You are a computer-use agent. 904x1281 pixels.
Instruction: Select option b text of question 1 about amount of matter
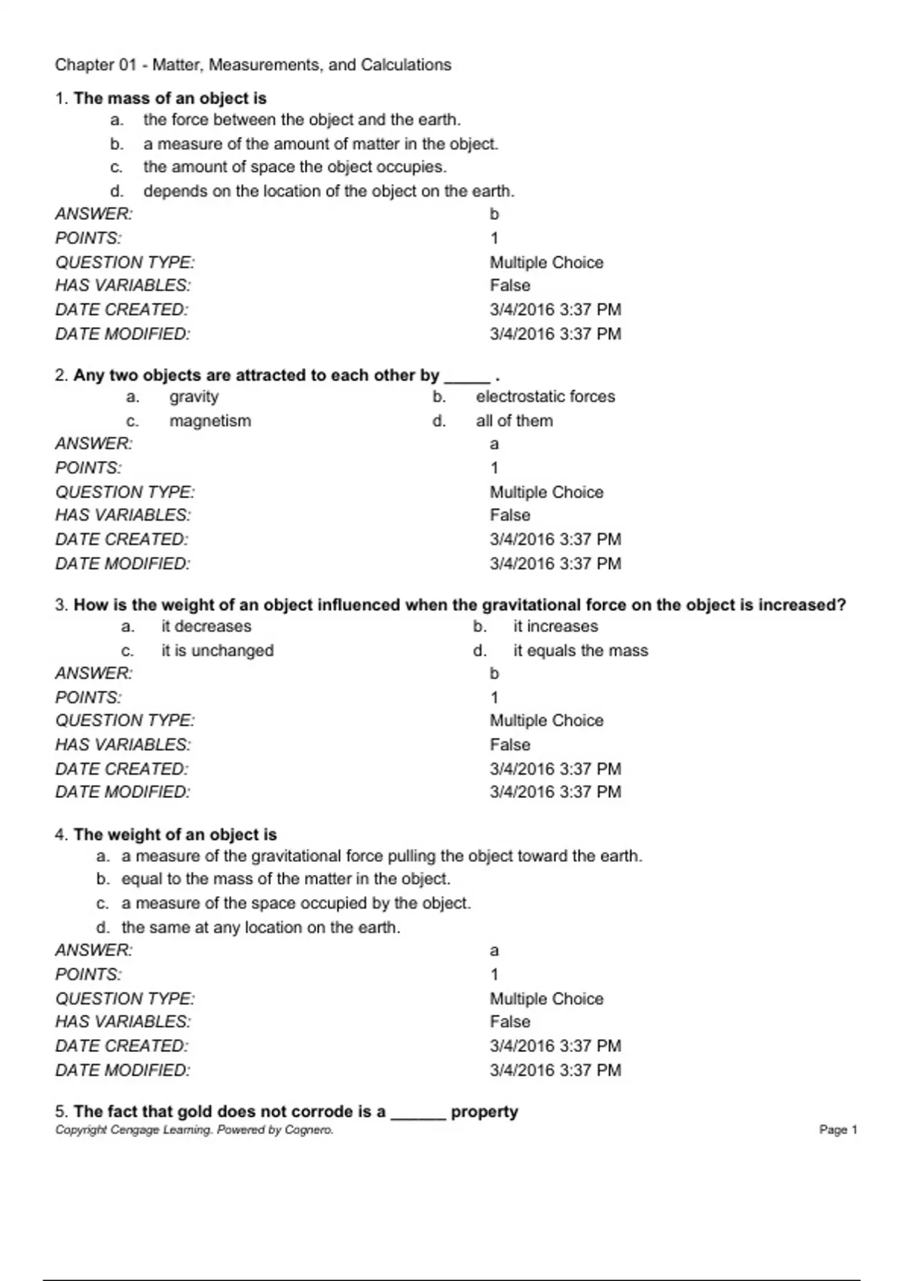click(x=321, y=144)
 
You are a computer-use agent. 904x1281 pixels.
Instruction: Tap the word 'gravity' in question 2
click(x=194, y=396)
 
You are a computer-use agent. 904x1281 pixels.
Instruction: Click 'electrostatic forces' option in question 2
click(x=545, y=396)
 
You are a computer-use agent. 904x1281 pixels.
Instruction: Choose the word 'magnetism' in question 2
click(x=209, y=420)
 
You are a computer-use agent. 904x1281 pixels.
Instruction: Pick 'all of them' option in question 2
click(x=514, y=420)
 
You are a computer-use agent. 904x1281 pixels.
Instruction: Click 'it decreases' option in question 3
click(x=206, y=626)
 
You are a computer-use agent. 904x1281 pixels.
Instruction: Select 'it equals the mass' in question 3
click(x=580, y=650)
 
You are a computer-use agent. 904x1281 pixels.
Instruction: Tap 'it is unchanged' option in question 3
click(x=217, y=650)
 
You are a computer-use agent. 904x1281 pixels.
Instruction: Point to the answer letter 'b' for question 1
click(x=494, y=214)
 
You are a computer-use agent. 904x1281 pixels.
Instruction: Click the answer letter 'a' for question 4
click(x=494, y=951)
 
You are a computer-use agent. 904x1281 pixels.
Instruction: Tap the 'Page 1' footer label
click(x=838, y=1130)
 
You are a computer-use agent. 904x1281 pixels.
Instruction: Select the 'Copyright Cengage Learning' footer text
click(x=194, y=1130)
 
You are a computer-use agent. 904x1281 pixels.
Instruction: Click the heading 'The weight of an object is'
click(x=175, y=834)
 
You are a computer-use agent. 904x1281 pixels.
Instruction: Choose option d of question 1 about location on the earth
click(x=328, y=191)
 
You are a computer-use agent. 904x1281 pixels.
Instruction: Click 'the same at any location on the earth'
click(x=261, y=927)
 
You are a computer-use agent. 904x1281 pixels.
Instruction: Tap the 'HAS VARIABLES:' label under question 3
click(x=123, y=744)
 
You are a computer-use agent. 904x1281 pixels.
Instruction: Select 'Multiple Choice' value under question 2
click(x=546, y=492)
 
